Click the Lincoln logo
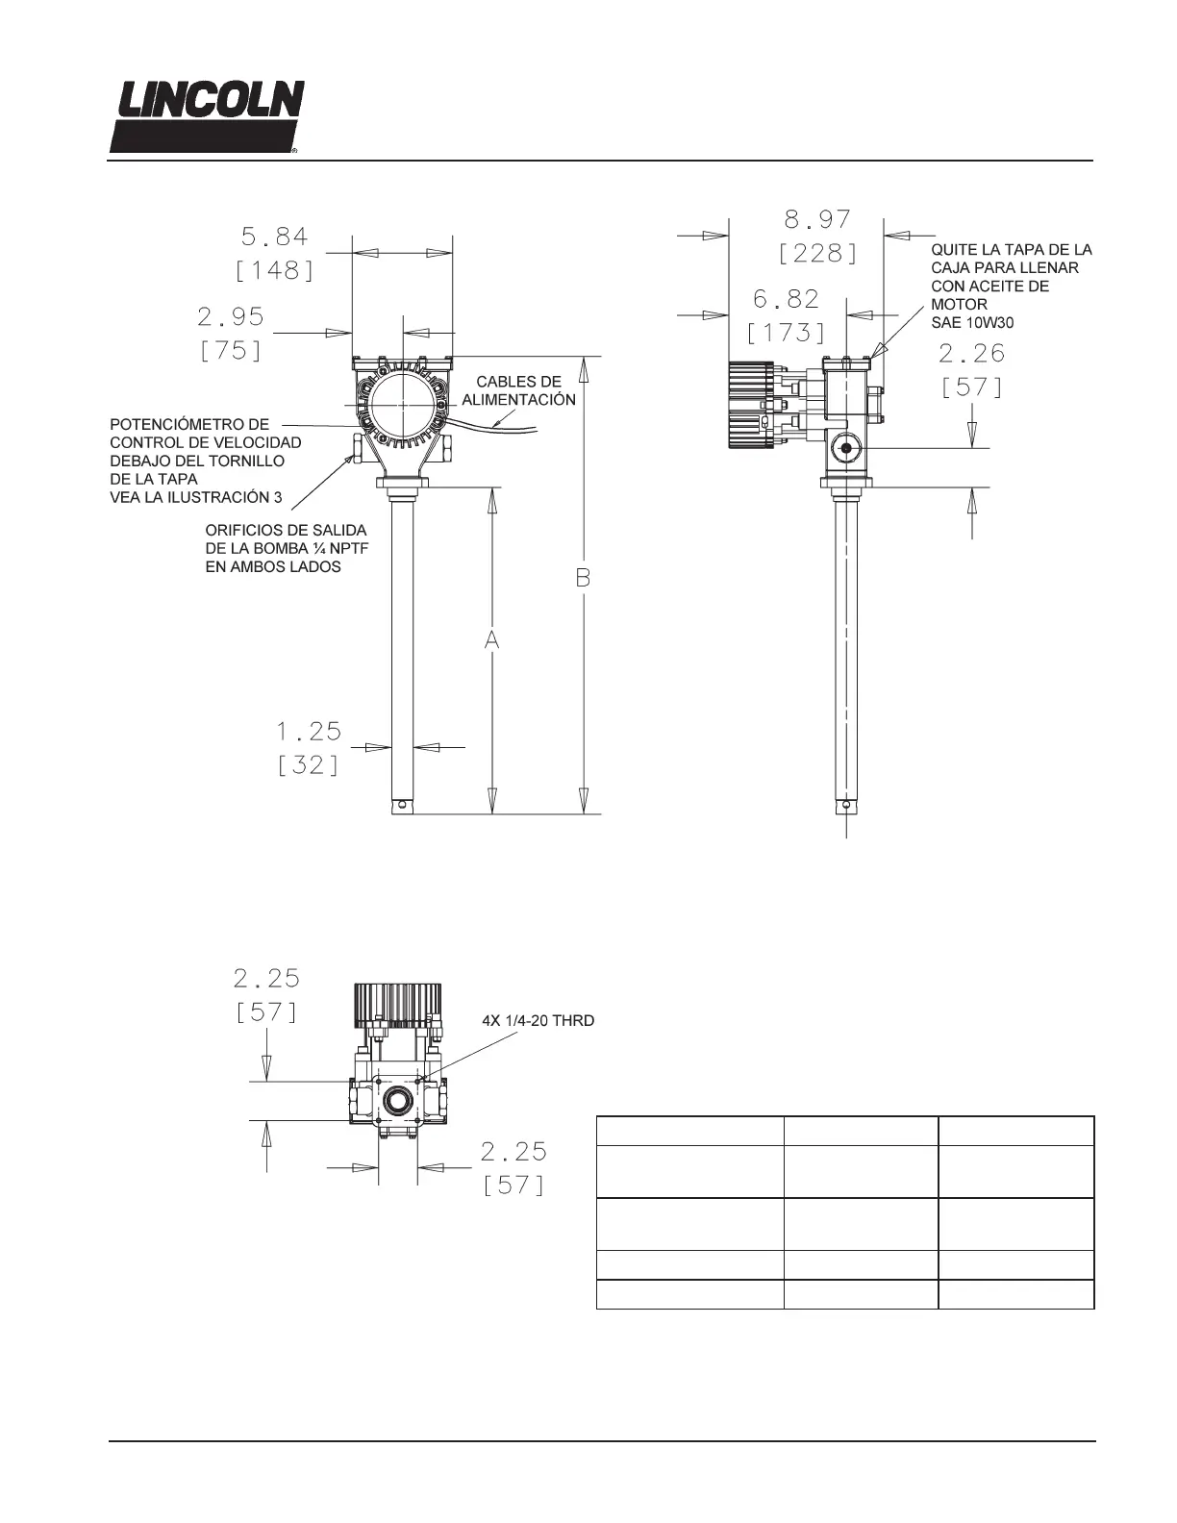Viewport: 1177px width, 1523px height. coord(207,116)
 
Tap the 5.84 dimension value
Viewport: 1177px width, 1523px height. coord(274,237)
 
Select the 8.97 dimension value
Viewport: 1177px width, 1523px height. coord(817,219)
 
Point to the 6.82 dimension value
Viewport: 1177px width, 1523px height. coord(786,299)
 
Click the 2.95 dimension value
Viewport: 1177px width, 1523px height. coord(230,316)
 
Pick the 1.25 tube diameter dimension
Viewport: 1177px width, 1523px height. coord(309,732)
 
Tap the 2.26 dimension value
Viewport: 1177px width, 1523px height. coord(971,353)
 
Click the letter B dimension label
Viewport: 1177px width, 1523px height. coord(583,578)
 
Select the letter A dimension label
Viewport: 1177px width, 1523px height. coord(491,639)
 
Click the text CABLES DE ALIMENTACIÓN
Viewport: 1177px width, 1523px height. coord(518,390)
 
